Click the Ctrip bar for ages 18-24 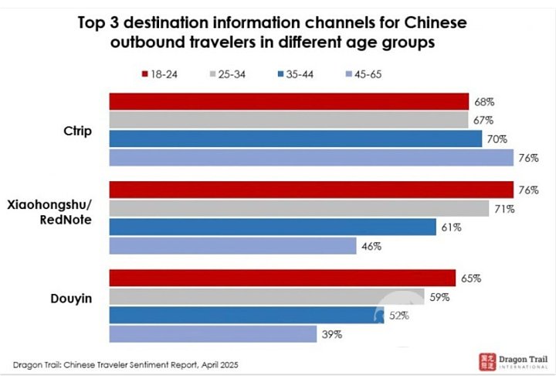(289, 101)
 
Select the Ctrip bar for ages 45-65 (311, 158)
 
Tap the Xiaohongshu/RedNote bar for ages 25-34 (299, 209)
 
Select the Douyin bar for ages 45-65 (212, 334)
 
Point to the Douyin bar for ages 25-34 (266, 296)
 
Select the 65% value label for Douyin (472, 279)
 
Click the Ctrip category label (78, 131)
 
